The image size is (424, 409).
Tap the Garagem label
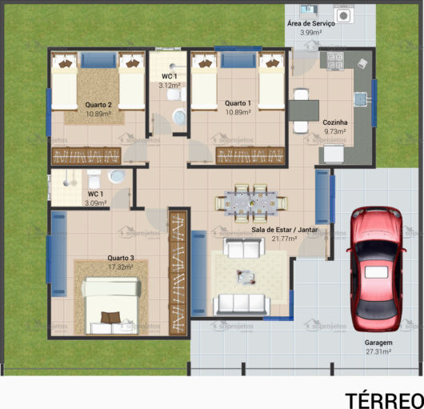378,343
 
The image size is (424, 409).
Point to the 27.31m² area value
378,351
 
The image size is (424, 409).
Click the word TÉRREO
384,399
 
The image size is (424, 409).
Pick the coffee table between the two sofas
246,277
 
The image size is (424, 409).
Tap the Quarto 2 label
98,105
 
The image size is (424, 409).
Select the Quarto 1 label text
238,103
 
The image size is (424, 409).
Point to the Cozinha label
334,122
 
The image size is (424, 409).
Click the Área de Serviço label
310,24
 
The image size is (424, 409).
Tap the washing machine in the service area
344,14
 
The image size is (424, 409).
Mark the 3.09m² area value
95,203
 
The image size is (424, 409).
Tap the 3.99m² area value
310,33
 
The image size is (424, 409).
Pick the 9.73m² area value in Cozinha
334,131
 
